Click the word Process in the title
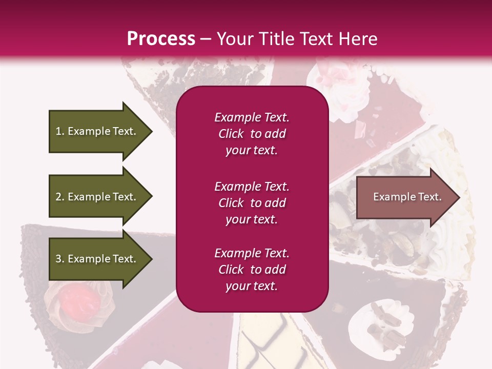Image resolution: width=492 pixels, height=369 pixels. (161, 39)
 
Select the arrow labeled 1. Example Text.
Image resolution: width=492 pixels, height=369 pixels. (95, 131)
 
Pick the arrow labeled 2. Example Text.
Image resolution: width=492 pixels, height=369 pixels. (95, 197)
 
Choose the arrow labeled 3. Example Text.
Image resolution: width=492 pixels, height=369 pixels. (95, 259)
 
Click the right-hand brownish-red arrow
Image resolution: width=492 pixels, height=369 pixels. (405, 197)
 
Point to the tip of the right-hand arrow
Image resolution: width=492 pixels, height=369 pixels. (459, 197)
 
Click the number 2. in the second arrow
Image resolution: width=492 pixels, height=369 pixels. (60, 197)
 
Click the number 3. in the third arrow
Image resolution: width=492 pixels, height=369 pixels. (60, 259)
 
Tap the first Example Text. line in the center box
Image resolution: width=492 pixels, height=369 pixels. (252, 117)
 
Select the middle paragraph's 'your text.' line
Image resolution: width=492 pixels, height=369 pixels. (252, 219)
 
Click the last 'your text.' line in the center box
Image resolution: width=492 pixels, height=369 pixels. (252, 286)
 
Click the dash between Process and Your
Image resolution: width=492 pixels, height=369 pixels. (206, 39)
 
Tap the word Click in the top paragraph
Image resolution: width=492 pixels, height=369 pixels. (231, 134)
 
